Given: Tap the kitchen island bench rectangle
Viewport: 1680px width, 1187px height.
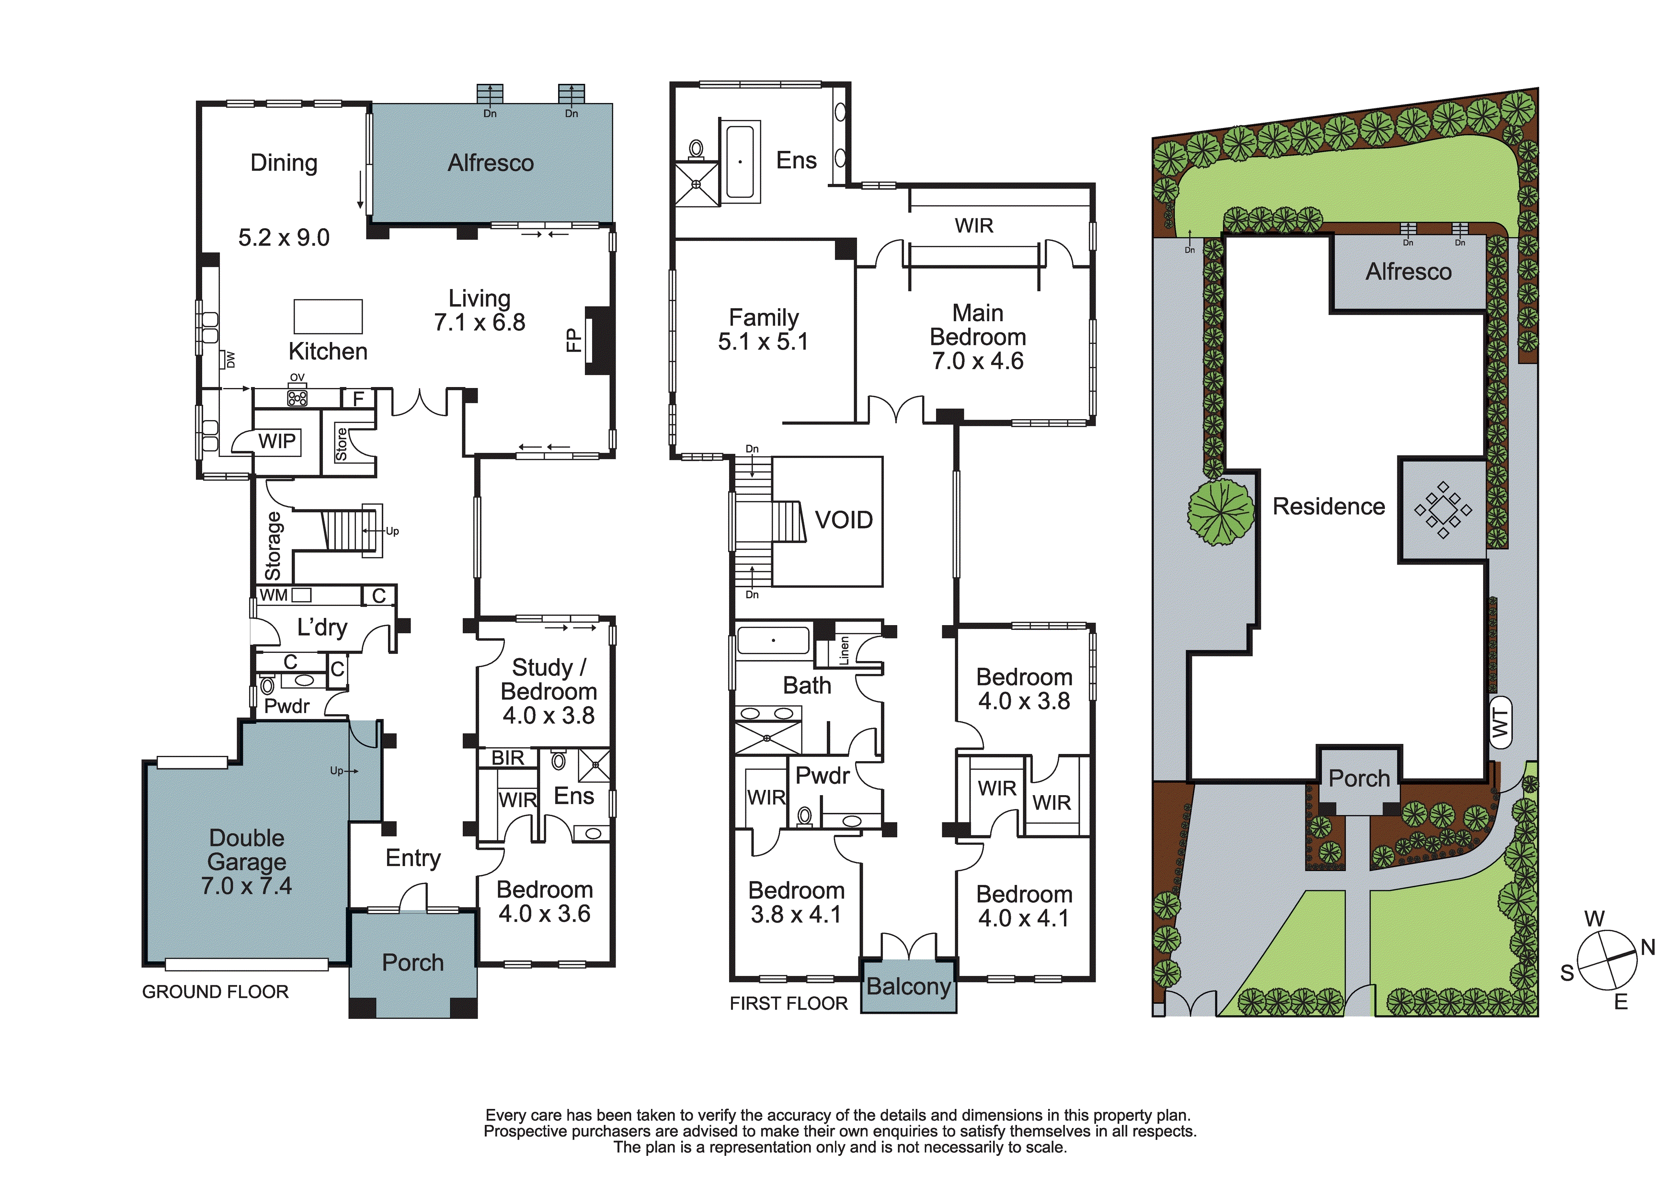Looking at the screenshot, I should [328, 316].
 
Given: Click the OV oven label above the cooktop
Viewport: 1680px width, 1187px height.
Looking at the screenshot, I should [297, 377].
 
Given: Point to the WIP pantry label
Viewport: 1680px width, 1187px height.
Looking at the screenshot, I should [277, 441].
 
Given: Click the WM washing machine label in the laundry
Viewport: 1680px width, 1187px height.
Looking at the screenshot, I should [274, 595].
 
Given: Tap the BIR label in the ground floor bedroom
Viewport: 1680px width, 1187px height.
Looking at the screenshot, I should [508, 758].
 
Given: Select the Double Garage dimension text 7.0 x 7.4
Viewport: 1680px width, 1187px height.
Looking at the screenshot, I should [247, 886].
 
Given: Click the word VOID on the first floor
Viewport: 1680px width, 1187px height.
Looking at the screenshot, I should [844, 520].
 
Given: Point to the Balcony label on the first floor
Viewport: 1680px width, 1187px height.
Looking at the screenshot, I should [908, 986].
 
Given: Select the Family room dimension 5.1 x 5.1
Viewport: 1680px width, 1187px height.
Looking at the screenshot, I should [763, 342].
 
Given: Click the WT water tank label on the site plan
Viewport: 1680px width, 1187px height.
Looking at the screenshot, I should [1500, 724].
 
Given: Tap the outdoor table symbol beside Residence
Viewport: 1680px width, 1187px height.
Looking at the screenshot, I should [1442, 510].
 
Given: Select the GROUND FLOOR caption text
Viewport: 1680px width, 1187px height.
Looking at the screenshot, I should [215, 993].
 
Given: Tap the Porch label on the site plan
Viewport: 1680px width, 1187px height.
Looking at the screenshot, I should [1359, 779].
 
